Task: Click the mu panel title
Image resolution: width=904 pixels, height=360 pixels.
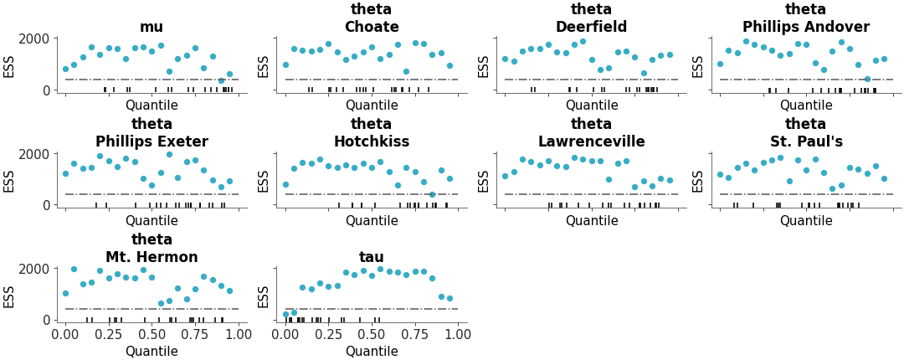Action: click(152, 27)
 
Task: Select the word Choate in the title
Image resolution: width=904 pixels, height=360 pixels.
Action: click(372, 27)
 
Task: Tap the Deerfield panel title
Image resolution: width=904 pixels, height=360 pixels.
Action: click(592, 27)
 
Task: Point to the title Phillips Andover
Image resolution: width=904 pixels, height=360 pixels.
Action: click(806, 27)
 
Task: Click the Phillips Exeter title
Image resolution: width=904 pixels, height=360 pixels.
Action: click(152, 141)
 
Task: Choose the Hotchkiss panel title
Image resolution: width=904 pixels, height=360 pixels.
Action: click(372, 141)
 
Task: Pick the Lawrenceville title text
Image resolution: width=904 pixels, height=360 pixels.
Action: click(592, 141)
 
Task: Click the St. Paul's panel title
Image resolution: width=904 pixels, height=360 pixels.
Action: click(806, 141)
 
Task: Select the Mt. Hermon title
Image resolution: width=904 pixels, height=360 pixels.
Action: click(152, 256)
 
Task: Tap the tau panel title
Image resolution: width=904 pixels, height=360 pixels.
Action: click(372, 256)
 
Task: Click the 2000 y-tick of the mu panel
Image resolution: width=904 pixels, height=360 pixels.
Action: click(34, 39)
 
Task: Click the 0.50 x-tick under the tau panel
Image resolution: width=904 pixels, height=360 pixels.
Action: click(372, 334)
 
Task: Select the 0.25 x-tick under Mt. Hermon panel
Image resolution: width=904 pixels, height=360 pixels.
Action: click(109, 334)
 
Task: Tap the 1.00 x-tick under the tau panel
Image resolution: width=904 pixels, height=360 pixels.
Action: click(458, 334)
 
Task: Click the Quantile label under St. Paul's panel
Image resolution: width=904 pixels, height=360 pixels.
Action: click(806, 220)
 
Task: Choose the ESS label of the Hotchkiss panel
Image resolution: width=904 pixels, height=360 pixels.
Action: click(264, 181)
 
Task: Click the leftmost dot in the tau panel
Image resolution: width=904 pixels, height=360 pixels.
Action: click(285, 315)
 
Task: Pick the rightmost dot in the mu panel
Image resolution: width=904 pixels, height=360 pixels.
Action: click(229, 74)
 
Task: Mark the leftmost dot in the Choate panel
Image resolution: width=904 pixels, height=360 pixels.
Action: click(285, 64)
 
